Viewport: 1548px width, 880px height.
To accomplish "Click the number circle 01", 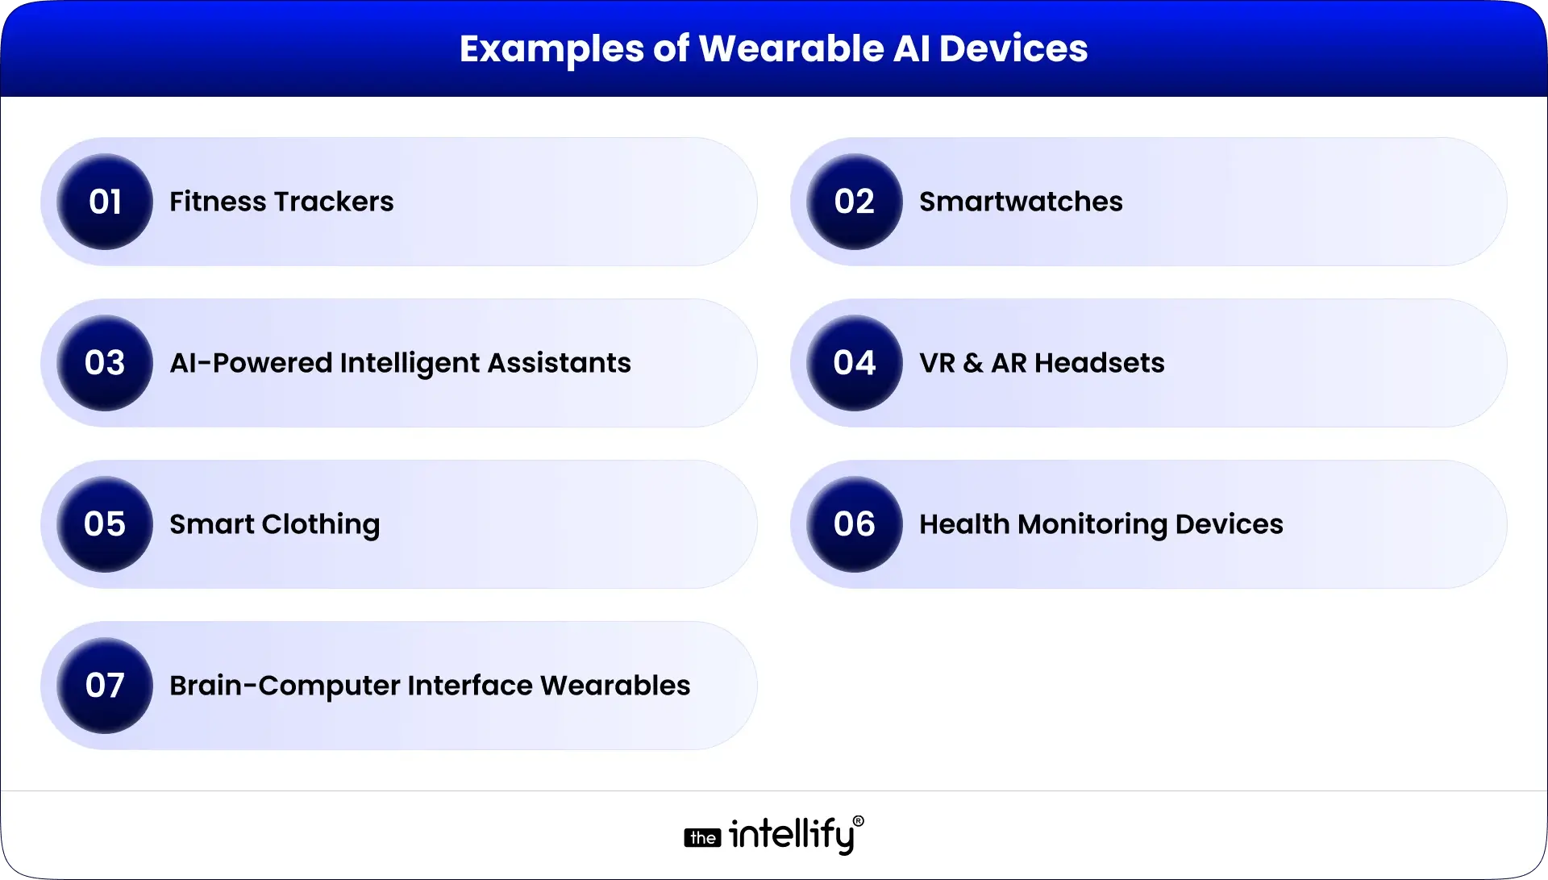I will pos(105,202).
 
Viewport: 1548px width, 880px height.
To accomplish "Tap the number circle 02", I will pos(855,202).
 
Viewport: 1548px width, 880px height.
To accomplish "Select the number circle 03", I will pos(105,363).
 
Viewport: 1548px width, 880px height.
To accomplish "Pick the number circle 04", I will pos(855,363).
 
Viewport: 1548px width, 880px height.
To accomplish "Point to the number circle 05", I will pos(105,524).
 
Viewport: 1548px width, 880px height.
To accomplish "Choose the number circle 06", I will pos(855,524).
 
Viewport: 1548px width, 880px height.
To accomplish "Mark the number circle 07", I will pos(105,686).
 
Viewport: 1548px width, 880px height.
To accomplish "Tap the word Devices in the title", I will pos(1013,48).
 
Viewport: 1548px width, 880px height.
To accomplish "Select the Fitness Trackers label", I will pos(281,202).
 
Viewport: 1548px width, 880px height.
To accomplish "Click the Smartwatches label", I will pos(1021,202).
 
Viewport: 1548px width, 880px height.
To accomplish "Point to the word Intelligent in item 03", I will pos(409,364).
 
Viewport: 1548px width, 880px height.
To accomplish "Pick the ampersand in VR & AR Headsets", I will pos(973,364).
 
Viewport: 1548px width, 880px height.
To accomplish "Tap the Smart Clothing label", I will pos(274,525).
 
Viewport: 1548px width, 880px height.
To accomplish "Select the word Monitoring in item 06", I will pos(1092,525).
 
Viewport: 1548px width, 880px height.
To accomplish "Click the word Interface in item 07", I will pos(470,686).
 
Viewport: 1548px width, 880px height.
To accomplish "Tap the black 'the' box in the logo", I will pos(702,838).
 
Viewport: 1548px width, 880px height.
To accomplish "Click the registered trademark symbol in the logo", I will pos(858,821).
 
